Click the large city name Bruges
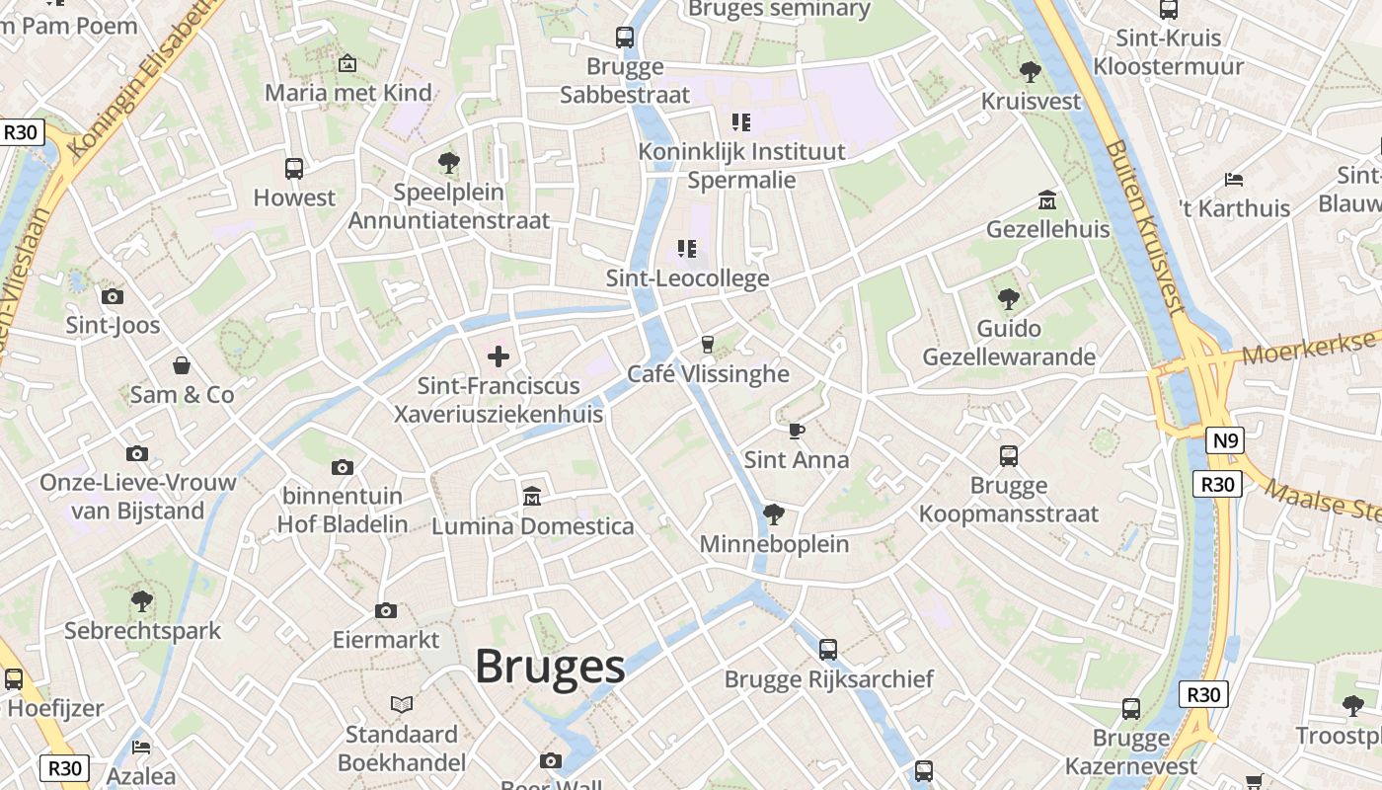(x=550, y=668)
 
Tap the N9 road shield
(x=1225, y=440)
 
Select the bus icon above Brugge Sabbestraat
(x=625, y=38)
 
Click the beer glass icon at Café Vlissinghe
(x=707, y=344)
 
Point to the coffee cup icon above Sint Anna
(x=796, y=431)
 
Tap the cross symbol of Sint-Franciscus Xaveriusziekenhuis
(x=499, y=355)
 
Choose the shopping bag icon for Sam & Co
(x=182, y=365)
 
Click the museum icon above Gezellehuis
(x=1047, y=200)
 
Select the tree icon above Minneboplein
(x=774, y=514)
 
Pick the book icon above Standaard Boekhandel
(x=401, y=704)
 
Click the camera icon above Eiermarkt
(x=386, y=610)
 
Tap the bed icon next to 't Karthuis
(x=1233, y=180)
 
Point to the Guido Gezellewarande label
(x=1009, y=343)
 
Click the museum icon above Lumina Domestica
(x=532, y=496)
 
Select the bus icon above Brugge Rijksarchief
(x=828, y=649)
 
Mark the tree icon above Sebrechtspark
(x=142, y=600)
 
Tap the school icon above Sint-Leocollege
(x=687, y=249)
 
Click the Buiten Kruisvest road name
(x=1145, y=226)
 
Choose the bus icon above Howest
(x=294, y=168)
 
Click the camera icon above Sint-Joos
(x=113, y=296)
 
